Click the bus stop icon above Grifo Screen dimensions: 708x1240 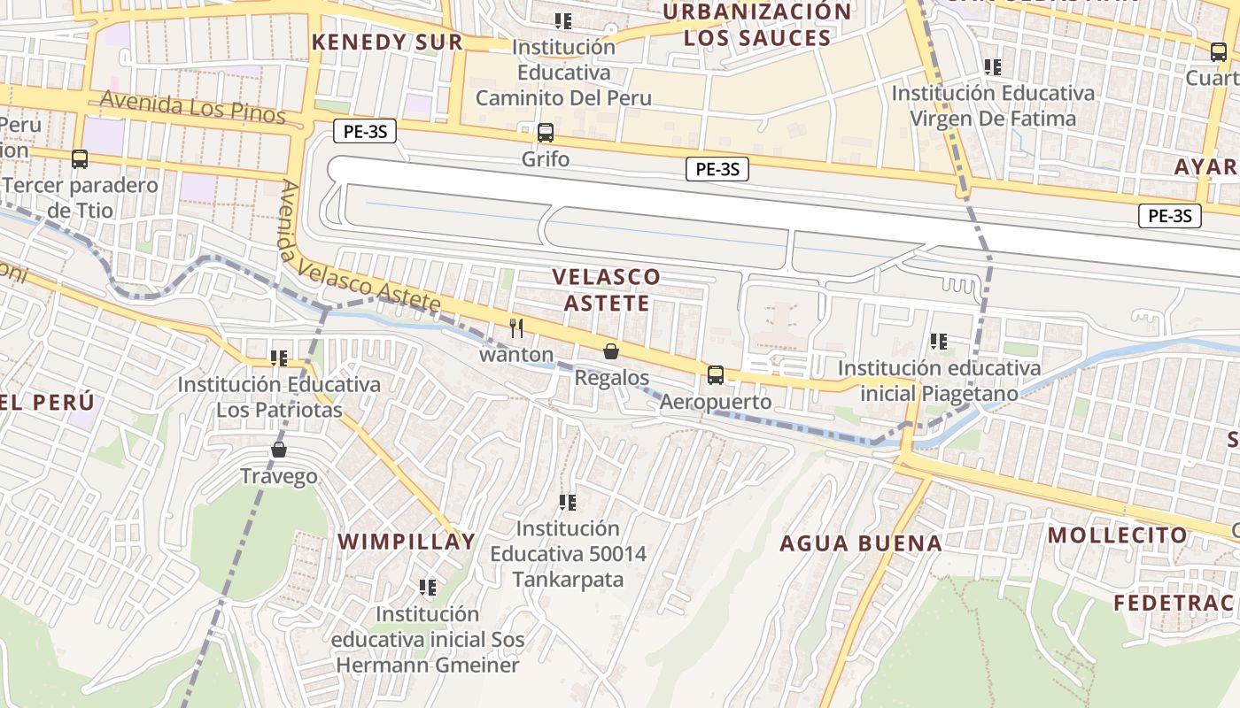point(546,133)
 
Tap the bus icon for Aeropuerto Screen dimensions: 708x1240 point(716,375)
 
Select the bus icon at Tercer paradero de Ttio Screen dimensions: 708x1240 point(80,159)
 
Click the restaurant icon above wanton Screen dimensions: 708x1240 point(516,328)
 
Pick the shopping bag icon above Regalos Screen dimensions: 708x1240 point(611,351)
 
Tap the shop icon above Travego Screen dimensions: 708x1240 point(279,450)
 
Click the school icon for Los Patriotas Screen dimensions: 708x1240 point(279,358)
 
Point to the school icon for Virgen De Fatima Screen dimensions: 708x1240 point(993,66)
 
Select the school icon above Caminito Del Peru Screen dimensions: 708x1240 point(562,20)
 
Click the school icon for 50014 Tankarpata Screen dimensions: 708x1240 point(568,503)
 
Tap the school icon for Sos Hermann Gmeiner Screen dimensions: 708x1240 point(428,587)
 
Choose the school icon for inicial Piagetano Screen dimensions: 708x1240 point(939,341)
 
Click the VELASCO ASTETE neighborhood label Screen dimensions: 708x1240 point(607,289)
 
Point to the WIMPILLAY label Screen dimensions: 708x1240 point(407,542)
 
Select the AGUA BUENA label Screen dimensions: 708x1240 point(860,543)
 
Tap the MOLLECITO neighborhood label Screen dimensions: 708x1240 point(1117,535)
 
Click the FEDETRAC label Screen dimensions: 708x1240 point(1174,603)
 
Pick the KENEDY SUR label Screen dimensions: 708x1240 point(387,42)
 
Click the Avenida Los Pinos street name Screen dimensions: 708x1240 point(192,108)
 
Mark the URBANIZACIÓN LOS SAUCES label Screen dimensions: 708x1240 point(757,25)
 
